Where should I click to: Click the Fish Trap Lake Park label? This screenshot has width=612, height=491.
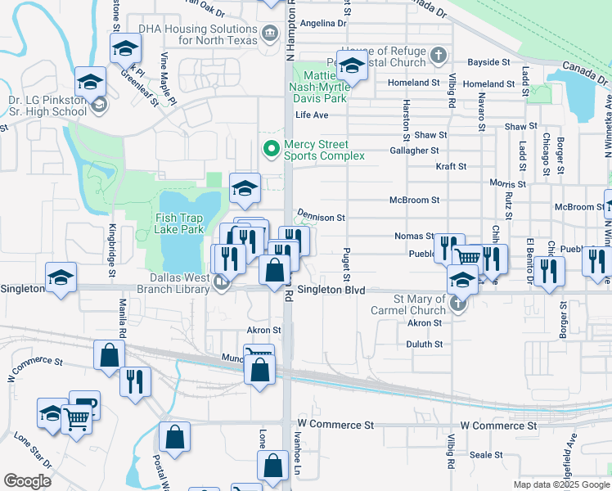(x=180, y=223)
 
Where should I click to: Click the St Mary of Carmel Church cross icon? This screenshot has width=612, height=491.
(x=458, y=305)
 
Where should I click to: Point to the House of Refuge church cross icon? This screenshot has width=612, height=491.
(x=439, y=56)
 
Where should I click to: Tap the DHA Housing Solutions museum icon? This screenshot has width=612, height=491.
(x=269, y=34)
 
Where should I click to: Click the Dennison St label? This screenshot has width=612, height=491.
(x=322, y=218)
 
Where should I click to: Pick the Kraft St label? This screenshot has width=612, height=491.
(x=451, y=166)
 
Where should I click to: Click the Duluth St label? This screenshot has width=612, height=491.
(x=425, y=345)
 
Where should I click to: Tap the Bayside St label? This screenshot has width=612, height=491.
(x=488, y=62)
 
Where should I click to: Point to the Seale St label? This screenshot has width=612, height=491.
(x=485, y=455)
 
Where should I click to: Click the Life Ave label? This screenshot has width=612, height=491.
(x=312, y=115)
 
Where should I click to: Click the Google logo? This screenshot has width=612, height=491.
(x=27, y=481)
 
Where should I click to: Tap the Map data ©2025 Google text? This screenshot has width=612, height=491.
(x=560, y=484)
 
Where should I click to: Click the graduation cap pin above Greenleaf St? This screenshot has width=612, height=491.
(x=124, y=48)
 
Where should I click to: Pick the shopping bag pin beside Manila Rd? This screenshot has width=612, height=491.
(x=109, y=355)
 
